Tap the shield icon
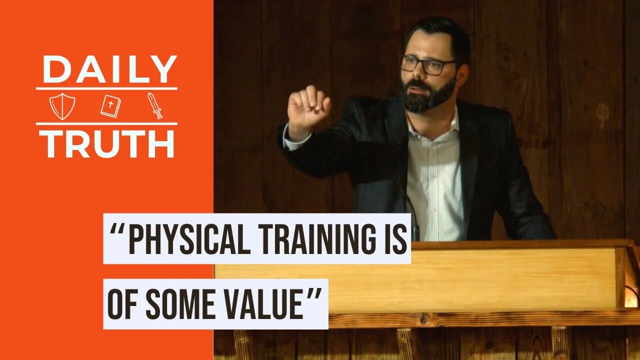(x=62, y=106)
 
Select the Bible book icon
(x=110, y=106)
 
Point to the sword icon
(x=155, y=105)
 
